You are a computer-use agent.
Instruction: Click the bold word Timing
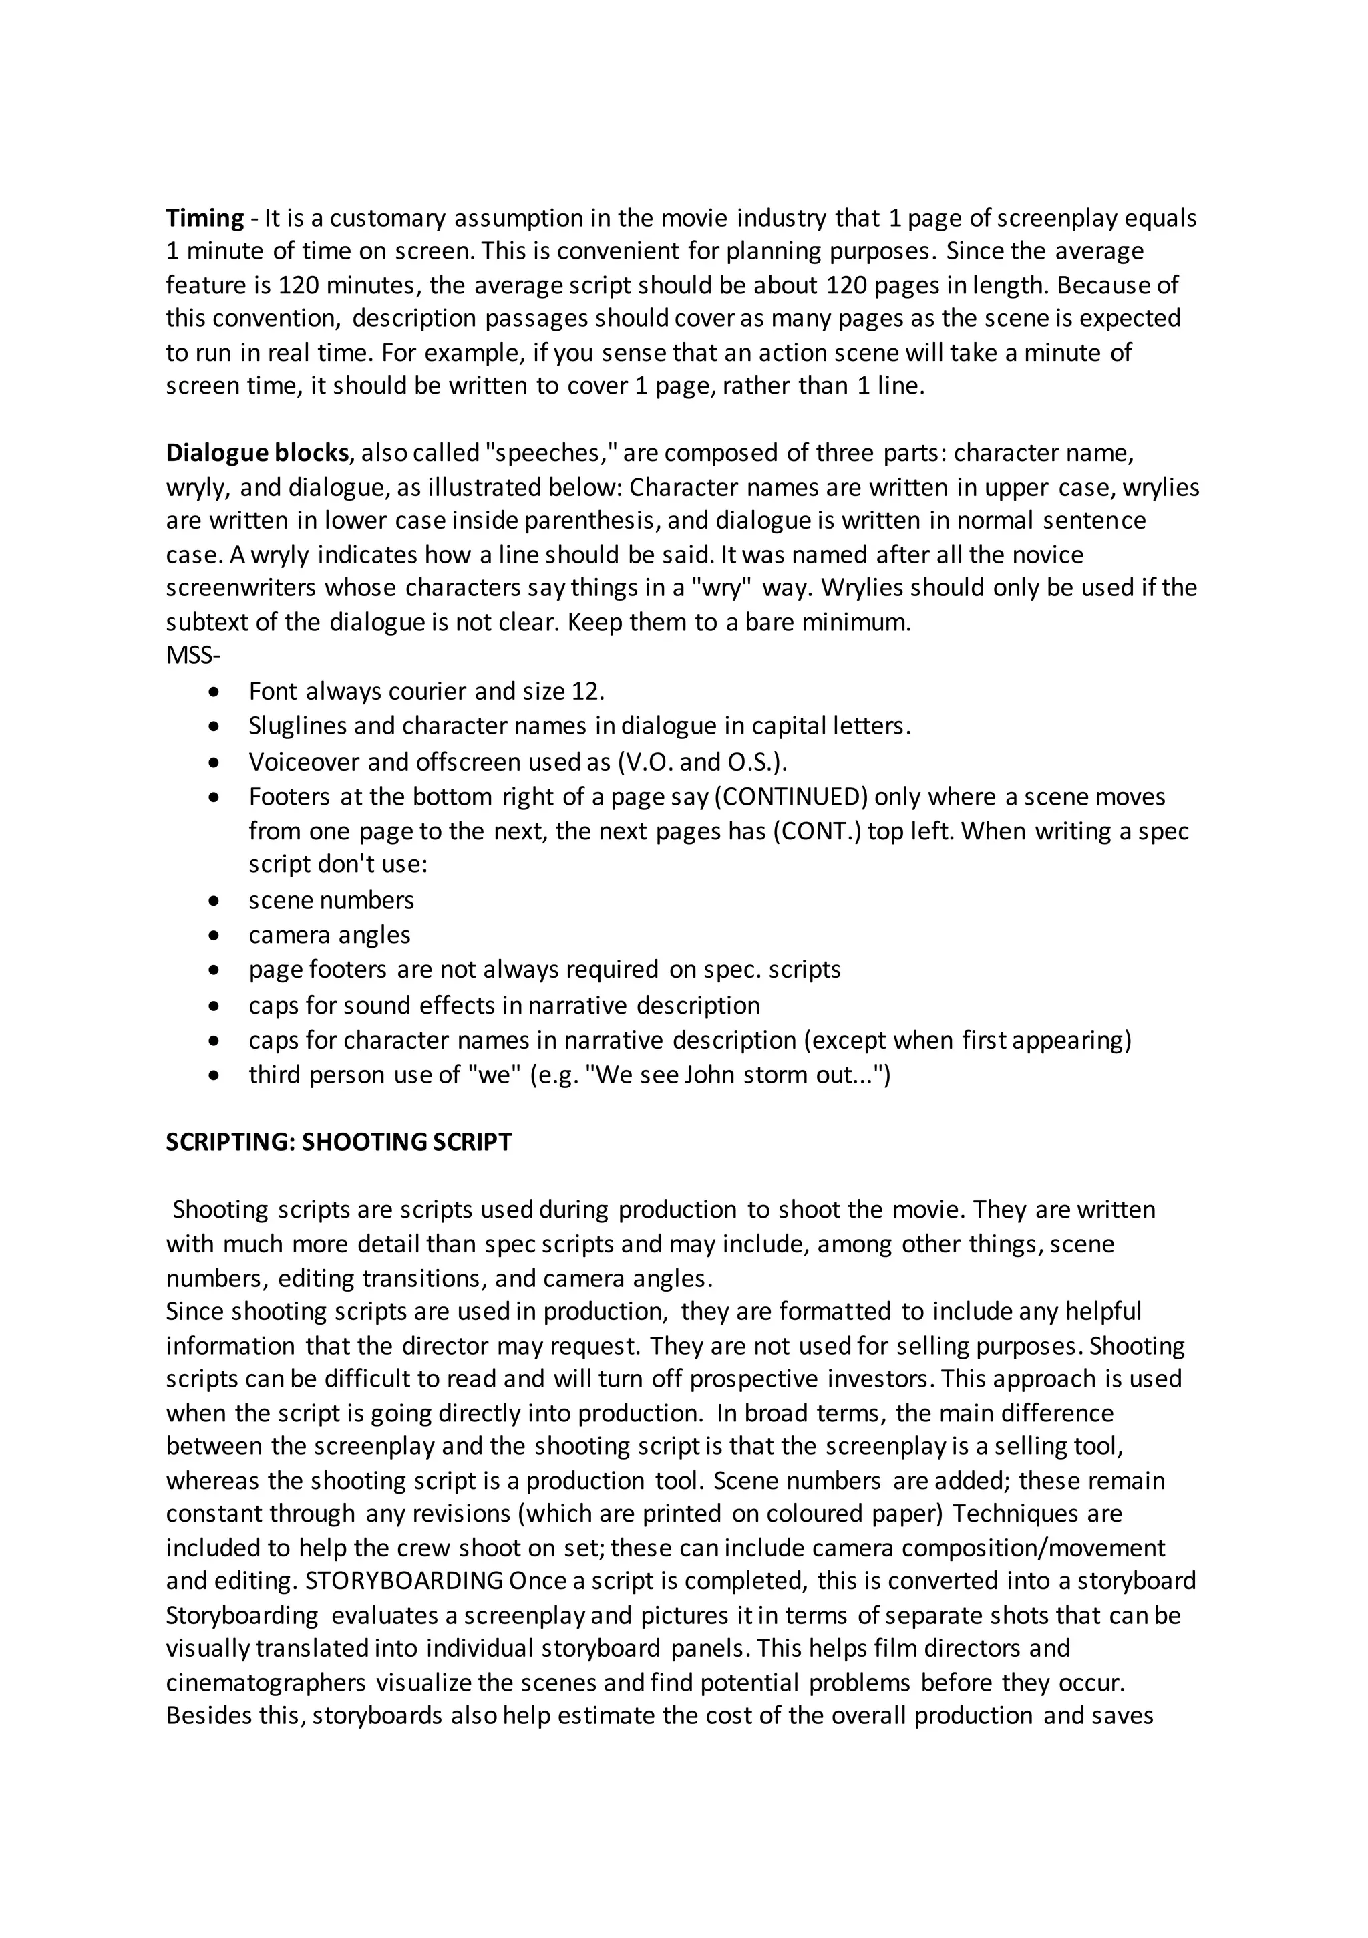(x=205, y=218)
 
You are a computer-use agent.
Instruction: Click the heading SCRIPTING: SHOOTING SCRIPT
(x=339, y=1142)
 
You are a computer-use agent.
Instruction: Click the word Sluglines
(x=296, y=726)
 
